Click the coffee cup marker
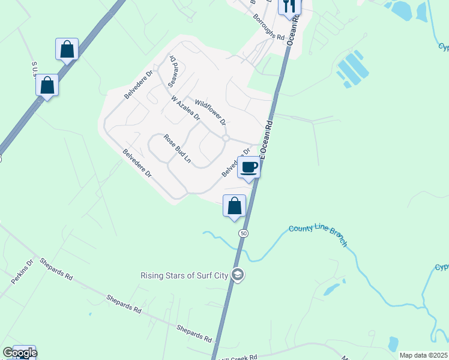pos(249,167)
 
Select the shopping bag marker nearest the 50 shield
pos(235,206)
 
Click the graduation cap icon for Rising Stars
pos(238,275)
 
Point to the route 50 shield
pos(243,233)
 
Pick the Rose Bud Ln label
pos(177,148)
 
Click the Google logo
pos(20,353)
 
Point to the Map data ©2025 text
pos(423,355)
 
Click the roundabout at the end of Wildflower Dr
pos(226,138)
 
